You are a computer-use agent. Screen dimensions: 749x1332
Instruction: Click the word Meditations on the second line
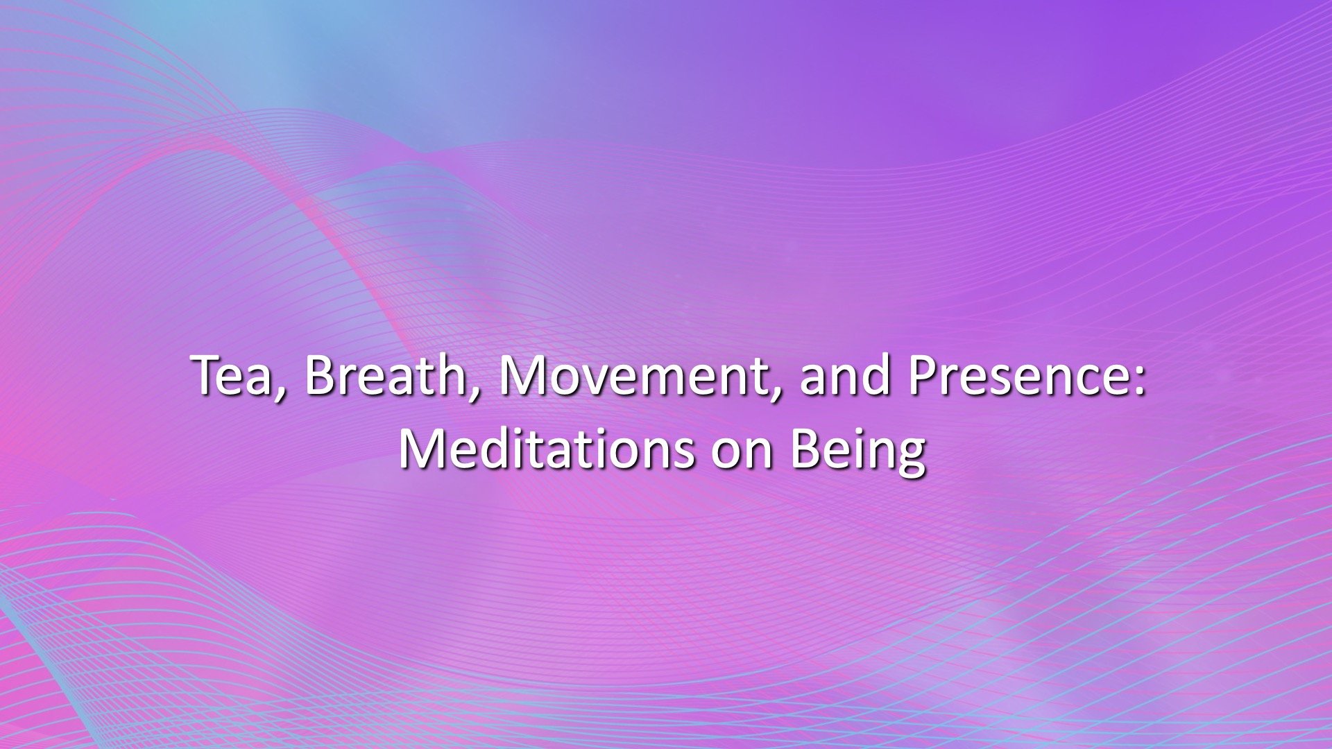click(x=545, y=449)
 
